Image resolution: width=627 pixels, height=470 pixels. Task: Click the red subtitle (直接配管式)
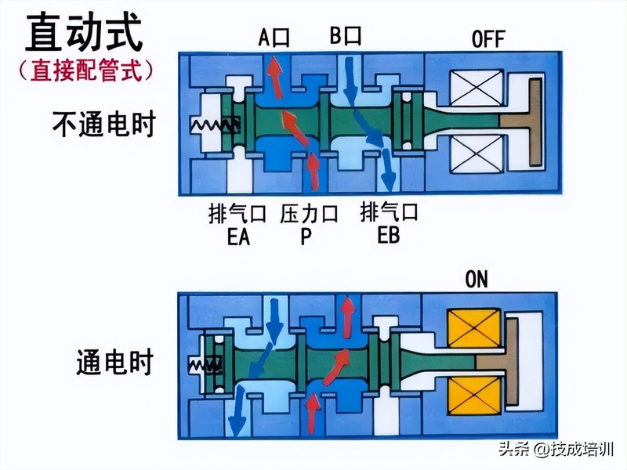[x=84, y=71]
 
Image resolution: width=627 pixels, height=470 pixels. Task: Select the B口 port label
[x=344, y=36]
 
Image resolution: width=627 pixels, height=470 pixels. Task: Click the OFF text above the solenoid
[x=488, y=38]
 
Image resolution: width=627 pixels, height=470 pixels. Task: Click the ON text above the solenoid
[x=477, y=279]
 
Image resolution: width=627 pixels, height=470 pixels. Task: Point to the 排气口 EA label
[x=237, y=224]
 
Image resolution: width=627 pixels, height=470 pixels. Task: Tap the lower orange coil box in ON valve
[x=473, y=396]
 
